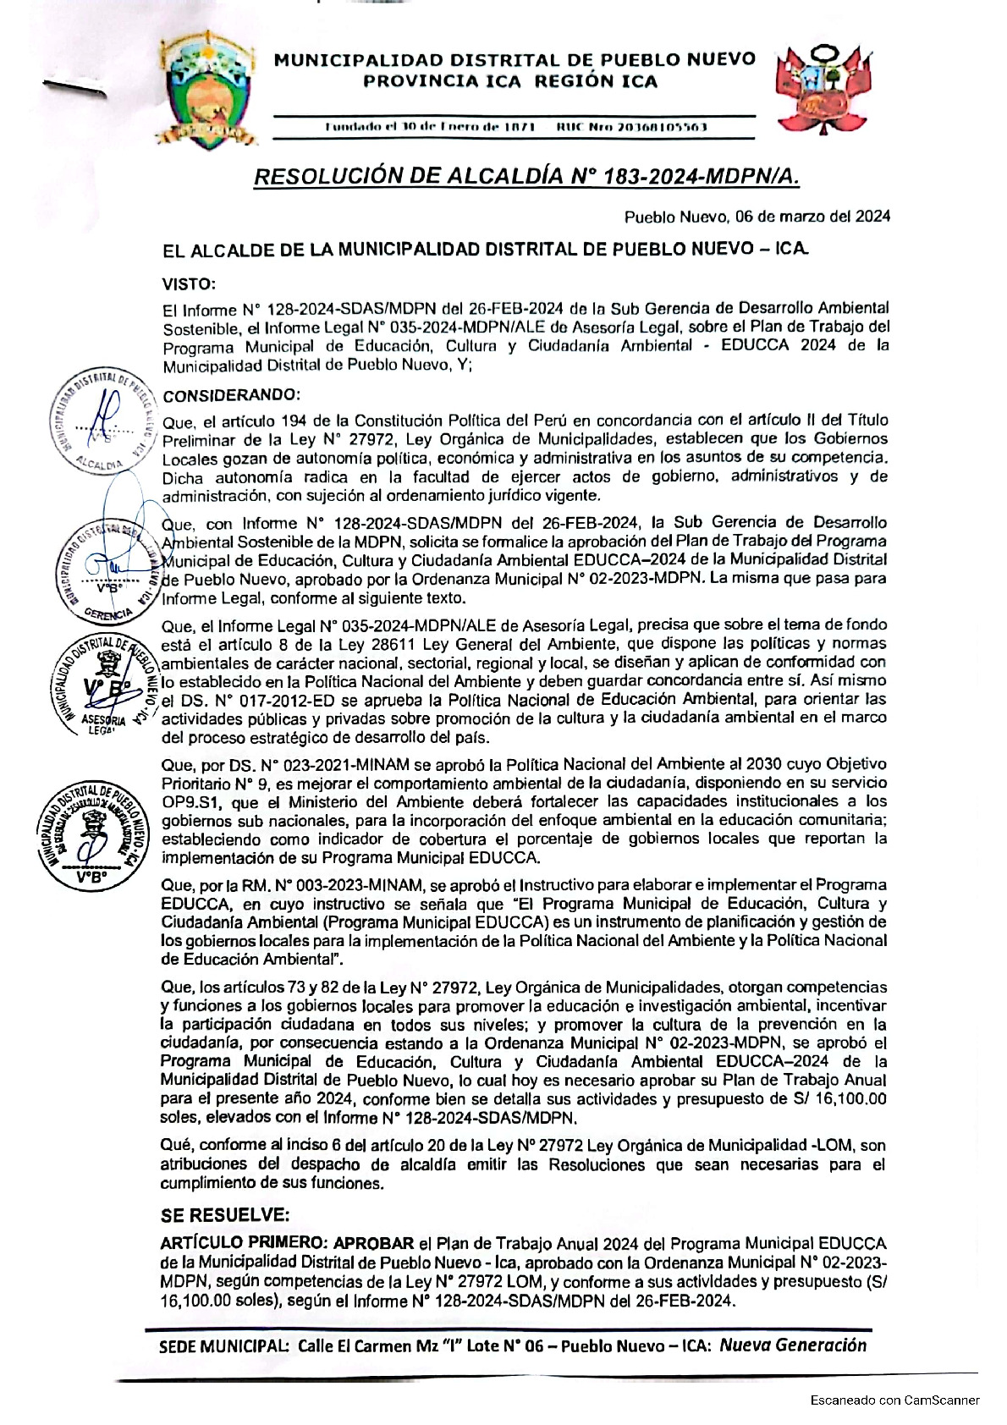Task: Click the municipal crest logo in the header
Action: point(210,91)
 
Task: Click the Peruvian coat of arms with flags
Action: point(823,90)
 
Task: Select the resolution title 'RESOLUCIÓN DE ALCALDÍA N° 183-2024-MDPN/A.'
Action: point(526,176)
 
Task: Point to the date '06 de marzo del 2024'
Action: point(812,217)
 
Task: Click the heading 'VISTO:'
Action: point(190,284)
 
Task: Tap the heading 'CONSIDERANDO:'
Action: point(231,395)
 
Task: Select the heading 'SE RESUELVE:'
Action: point(225,1215)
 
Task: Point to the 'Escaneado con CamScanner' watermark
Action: point(894,1400)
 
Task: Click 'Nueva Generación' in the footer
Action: point(793,1345)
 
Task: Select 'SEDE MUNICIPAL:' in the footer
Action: point(224,1346)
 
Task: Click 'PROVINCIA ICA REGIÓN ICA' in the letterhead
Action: point(510,81)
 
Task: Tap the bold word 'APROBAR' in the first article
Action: point(373,1243)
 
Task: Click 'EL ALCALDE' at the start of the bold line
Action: point(204,250)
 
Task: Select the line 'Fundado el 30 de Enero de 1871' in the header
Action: point(430,127)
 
